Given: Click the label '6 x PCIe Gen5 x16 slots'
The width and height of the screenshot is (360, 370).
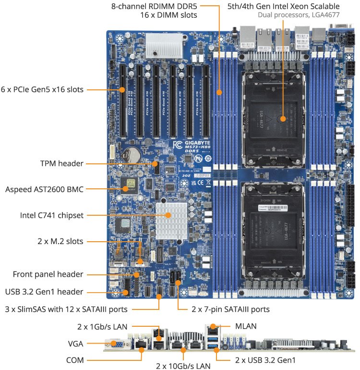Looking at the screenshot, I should pos(42,89).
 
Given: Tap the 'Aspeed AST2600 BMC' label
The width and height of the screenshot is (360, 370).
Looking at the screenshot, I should pos(44,189).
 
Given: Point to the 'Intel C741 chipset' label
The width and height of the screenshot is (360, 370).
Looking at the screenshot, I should pos(51,215).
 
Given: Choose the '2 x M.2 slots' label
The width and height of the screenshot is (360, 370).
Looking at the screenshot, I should pos(60,241).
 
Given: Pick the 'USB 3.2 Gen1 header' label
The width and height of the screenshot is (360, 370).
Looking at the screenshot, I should pos(44,291).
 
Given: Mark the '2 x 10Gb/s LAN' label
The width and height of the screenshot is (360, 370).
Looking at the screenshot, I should pos(183,366).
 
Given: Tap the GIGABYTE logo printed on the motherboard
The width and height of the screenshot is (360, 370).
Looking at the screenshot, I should pos(196,143).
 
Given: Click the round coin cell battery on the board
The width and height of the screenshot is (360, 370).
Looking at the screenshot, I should pos(131,153).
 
